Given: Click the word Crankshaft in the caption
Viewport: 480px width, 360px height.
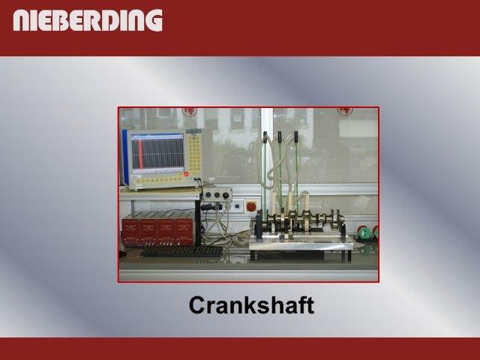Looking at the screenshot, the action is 251,305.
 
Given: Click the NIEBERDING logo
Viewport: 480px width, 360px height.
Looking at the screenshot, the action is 88,20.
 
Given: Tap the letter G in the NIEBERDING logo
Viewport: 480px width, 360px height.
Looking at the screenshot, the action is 154,20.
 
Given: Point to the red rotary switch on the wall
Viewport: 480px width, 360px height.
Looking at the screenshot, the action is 251,207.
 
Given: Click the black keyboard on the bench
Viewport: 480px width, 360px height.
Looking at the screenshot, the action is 183,251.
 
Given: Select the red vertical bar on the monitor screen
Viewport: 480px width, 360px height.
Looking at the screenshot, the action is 140,154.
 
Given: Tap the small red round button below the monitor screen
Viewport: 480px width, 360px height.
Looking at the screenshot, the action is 186,174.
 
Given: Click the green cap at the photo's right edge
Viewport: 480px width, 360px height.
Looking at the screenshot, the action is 364,232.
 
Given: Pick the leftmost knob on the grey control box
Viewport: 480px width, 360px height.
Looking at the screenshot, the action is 208,194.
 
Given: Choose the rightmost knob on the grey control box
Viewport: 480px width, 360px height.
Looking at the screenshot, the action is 226,195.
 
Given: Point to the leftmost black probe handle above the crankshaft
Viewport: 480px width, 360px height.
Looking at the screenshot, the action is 265,137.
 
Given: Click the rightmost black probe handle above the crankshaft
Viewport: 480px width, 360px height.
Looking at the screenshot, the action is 296,136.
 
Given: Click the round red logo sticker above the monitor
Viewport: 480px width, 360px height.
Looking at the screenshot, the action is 190,112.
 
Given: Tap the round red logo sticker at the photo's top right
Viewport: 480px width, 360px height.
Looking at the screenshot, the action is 345,111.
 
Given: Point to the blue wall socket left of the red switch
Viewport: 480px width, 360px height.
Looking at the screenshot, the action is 237,206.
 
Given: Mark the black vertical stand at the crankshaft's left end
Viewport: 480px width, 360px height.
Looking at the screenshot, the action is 259,226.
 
